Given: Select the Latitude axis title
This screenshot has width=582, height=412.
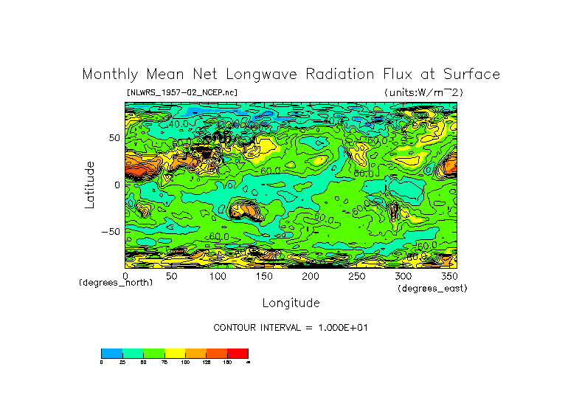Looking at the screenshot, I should tap(90, 185).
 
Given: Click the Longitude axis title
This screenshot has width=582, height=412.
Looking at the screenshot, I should tap(291, 303).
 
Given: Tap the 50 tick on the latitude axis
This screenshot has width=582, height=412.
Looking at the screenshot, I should tap(114, 138).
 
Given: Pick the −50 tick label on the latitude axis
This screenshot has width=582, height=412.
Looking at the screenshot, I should tap(111, 231).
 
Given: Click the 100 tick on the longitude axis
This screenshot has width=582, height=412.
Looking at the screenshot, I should tap(218, 276).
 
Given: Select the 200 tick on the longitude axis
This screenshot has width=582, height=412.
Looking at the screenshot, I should tap(310, 276).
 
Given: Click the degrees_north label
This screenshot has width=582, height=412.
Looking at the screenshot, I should tap(116, 283).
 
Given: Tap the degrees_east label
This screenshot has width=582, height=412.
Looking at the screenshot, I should tap(432, 288).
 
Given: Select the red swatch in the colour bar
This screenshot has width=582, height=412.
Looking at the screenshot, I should tap(238, 354).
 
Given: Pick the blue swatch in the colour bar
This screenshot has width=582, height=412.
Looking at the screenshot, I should tap(111, 354).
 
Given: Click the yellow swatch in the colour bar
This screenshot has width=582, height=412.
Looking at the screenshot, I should tap(174, 354).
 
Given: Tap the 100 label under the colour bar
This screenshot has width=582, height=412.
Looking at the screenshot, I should tap(185, 363).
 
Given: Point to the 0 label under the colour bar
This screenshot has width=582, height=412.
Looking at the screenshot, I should tap(102, 363).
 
